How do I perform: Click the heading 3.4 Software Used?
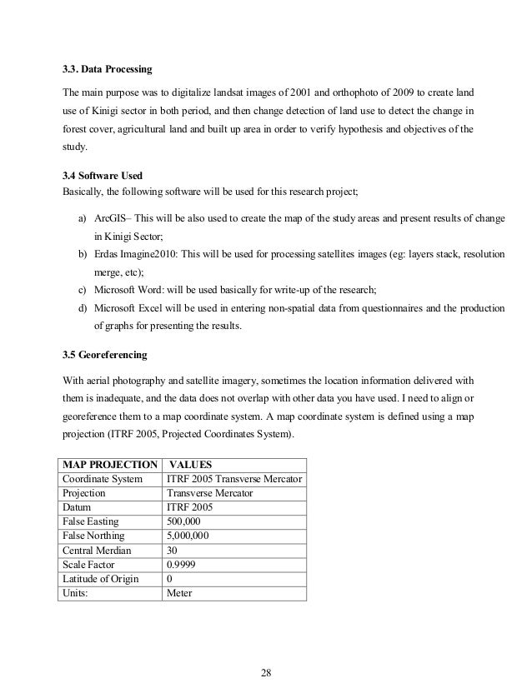click(103, 177)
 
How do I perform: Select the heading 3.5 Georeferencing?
click(105, 356)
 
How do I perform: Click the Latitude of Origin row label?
click(102, 579)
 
